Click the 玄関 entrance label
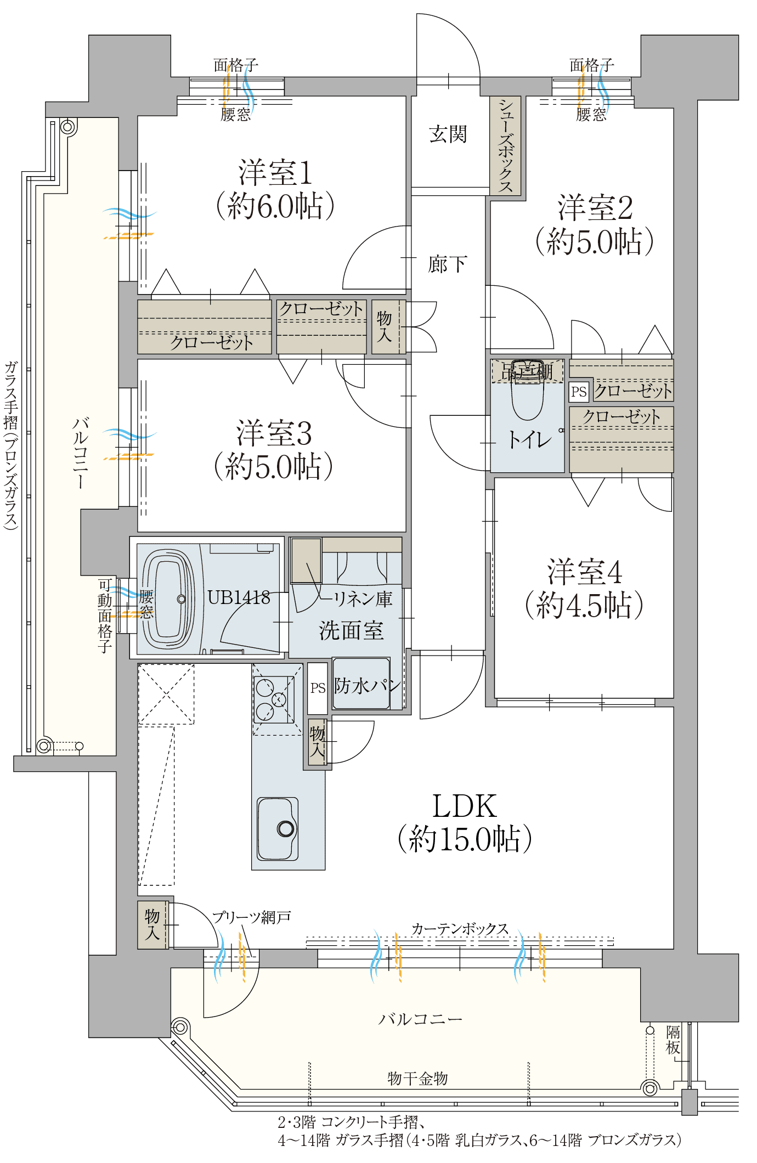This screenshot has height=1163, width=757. [x=448, y=134]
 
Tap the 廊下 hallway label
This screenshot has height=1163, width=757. [x=448, y=264]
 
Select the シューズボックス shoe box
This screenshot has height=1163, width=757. [x=505, y=145]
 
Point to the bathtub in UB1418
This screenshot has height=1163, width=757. [x=168, y=599]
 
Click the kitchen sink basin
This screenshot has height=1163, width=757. [x=278, y=828]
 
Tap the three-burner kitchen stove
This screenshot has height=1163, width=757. [x=274, y=699]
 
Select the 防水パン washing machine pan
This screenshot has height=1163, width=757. [x=361, y=684]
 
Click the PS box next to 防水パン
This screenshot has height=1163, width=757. [x=318, y=688]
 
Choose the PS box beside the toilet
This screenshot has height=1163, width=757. [x=579, y=391]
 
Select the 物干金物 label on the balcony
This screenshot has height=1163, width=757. [x=417, y=1079]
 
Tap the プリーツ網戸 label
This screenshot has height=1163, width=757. [x=251, y=917]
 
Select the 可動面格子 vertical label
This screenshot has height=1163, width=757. [x=105, y=616]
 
